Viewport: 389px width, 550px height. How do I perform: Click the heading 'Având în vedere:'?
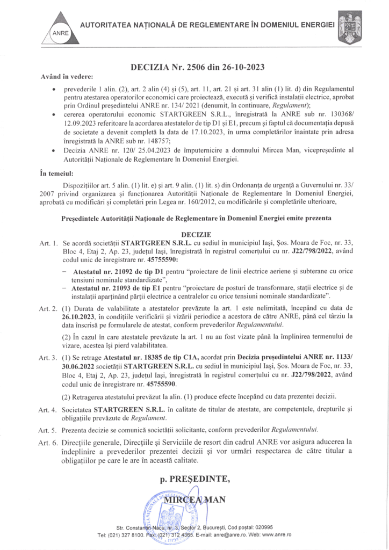[x=66, y=77]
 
